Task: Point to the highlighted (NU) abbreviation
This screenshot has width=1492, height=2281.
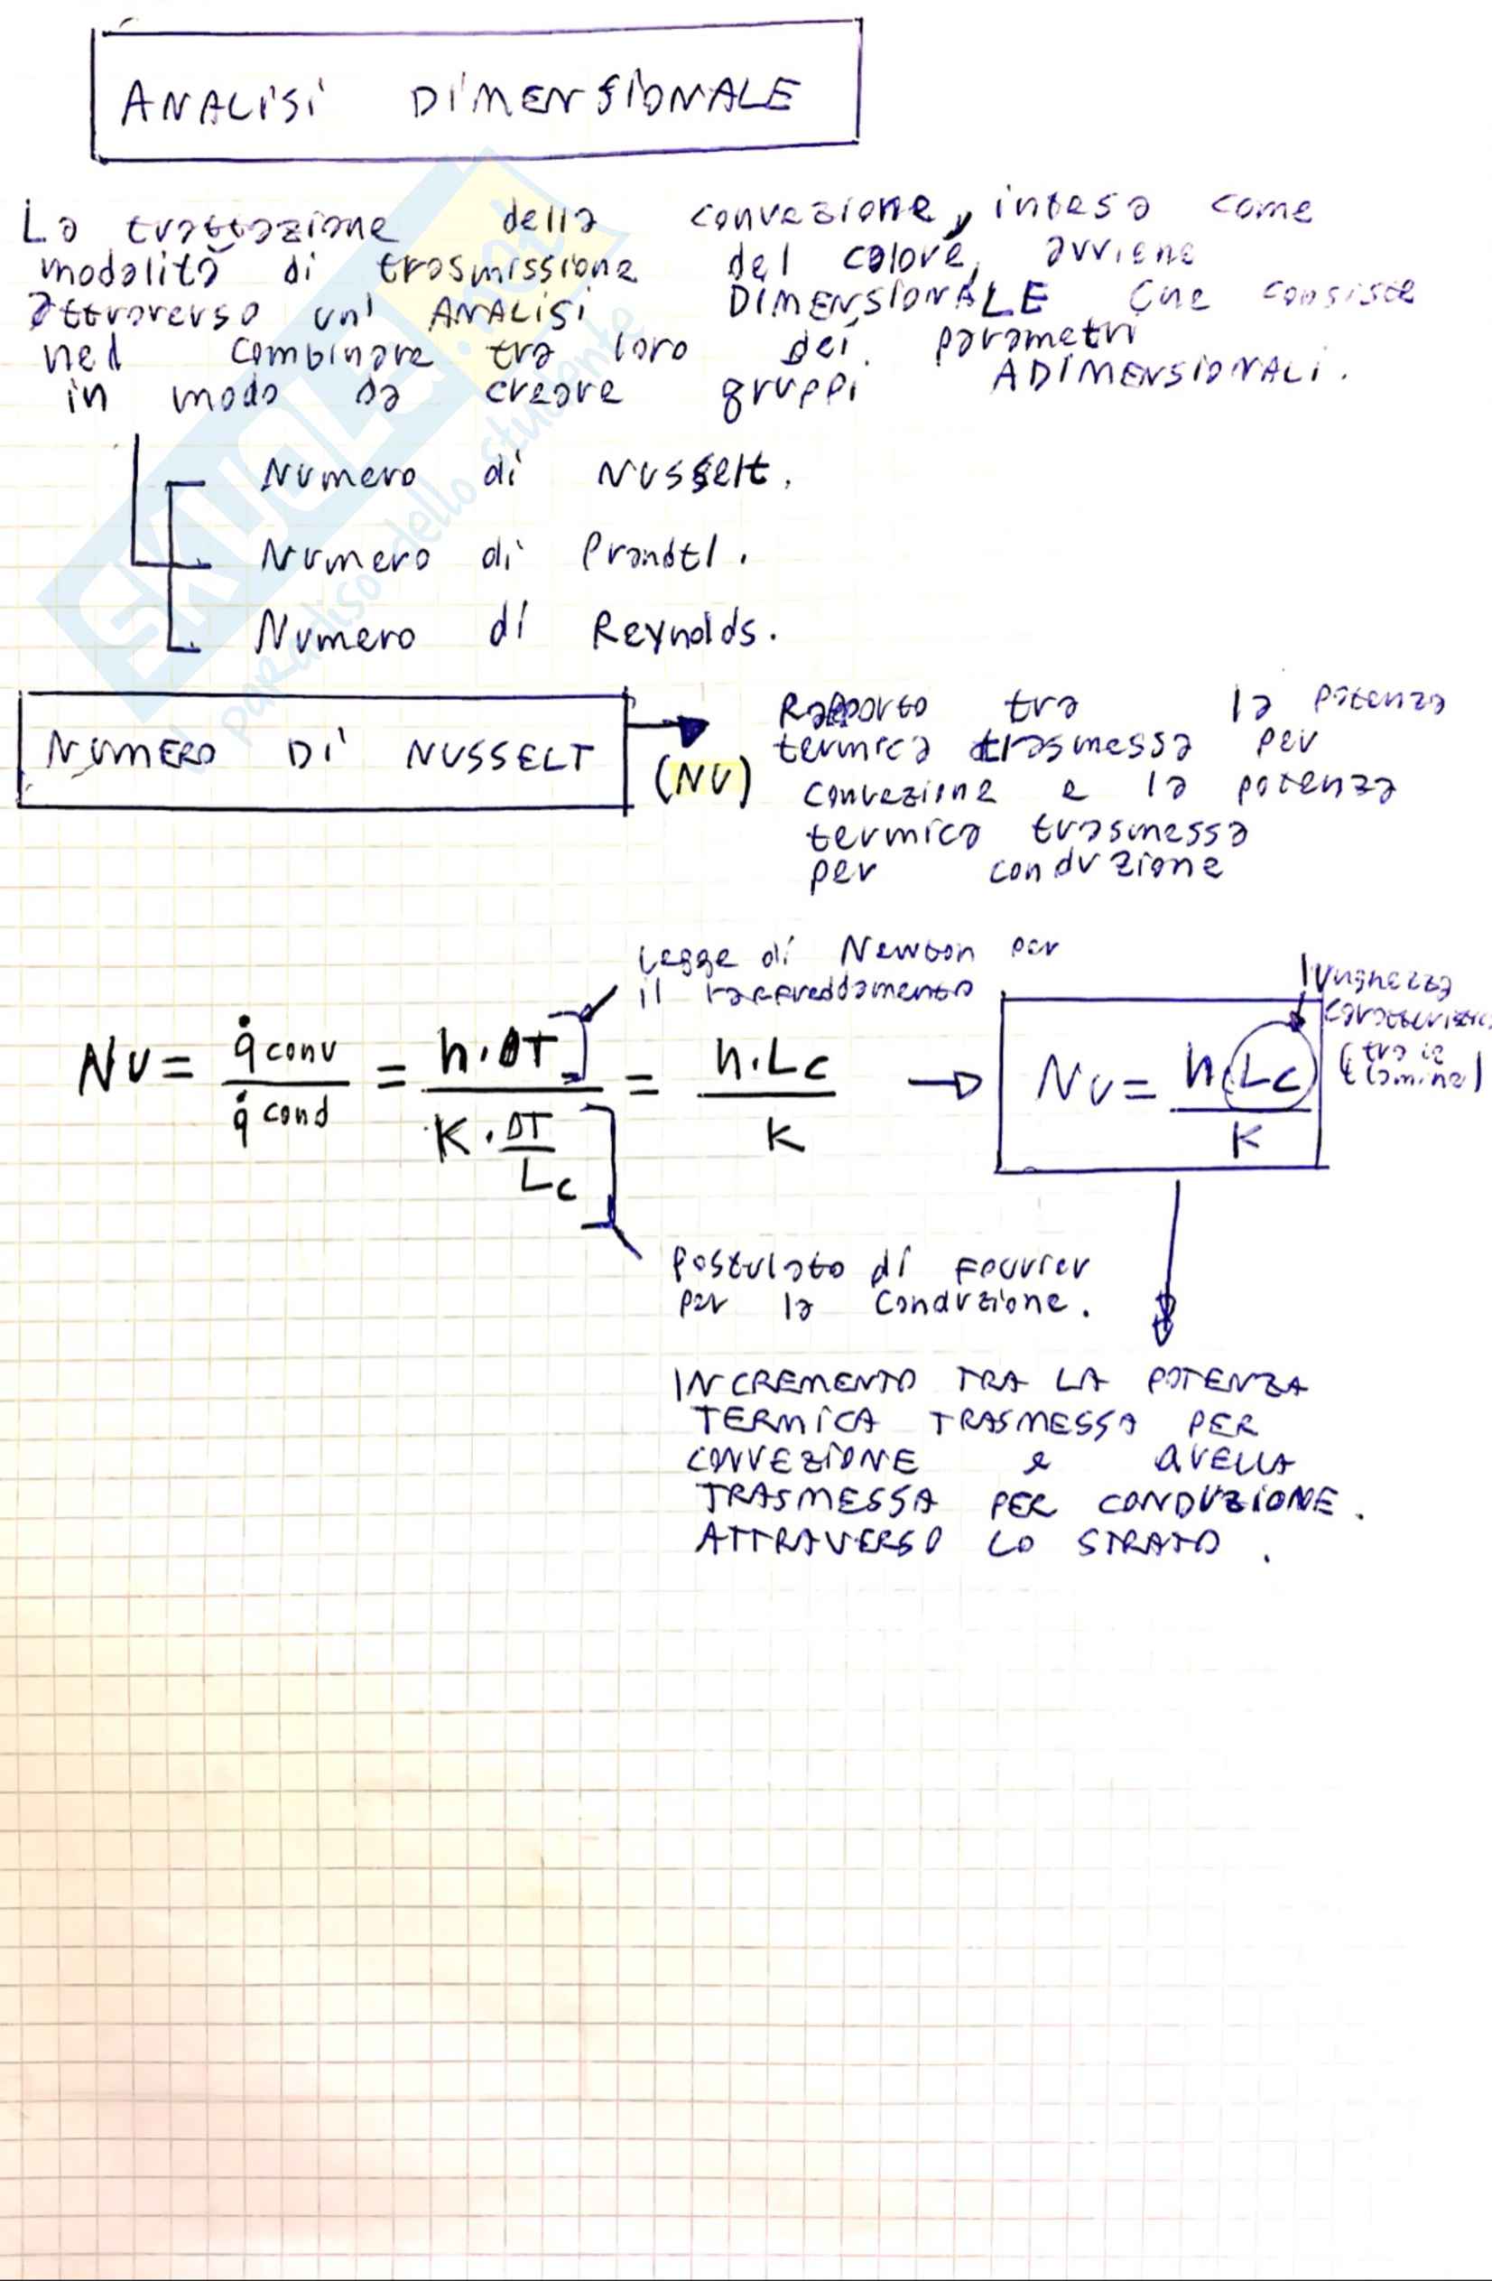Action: click(702, 783)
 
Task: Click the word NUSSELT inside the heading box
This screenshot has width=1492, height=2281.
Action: click(498, 757)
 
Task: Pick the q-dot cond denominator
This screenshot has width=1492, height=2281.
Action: click(281, 1116)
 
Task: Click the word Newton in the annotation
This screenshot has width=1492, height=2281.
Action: click(906, 952)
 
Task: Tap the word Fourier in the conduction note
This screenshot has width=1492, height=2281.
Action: click(1021, 1268)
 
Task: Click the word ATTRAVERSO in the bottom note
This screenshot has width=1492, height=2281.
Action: click(820, 1541)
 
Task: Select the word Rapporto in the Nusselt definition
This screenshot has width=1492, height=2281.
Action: click(852, 708)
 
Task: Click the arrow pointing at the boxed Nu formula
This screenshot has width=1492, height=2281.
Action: click(944, 1085)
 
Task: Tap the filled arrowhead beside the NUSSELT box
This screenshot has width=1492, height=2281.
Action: click(694, 731)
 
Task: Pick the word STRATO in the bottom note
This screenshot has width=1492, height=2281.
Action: click(1147, 1543)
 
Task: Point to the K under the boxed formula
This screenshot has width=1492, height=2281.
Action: click(1246, 1140)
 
